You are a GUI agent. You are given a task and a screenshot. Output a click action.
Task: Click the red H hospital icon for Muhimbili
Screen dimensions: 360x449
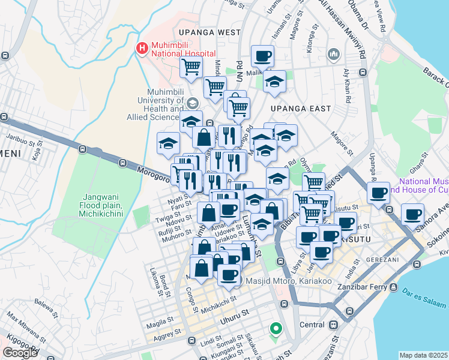point(142,47)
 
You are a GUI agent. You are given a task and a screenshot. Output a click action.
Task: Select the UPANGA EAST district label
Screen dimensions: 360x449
point(301,109)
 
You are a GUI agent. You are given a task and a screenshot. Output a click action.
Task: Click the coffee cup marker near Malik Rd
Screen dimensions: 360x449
point(262,57)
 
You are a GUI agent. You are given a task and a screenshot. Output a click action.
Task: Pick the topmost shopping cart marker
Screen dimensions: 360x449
point(191,67)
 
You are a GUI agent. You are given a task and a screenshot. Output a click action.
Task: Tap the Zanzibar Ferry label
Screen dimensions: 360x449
point(360,287)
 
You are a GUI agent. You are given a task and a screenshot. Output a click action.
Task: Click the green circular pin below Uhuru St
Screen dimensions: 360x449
point(276,328)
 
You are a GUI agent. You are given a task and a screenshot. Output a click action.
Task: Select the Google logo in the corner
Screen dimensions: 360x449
point(20,352)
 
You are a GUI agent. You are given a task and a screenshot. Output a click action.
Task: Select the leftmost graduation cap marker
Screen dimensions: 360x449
point(168,143)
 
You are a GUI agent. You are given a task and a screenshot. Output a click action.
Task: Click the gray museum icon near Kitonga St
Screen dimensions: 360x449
point(334,56)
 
